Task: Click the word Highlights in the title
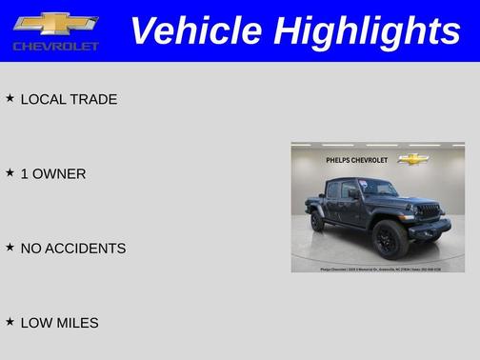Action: coord(367,31)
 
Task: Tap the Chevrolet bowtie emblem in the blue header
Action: coord(56,23)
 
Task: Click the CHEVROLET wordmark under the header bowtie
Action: coord(56,46)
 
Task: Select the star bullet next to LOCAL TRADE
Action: coord(10,98)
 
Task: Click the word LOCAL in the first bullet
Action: coord(43,99)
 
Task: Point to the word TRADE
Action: coord(93,99)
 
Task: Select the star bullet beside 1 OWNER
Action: coord(10,172)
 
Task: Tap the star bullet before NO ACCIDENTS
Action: coord(10,247)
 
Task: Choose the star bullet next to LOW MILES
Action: coord(10,322)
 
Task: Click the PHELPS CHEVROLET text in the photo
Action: coord(356,160)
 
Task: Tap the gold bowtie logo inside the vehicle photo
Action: coord(412,159)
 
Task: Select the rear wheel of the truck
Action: coord(318,221)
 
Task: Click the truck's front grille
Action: coord(428,209)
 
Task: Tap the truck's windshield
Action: coord(378,189)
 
